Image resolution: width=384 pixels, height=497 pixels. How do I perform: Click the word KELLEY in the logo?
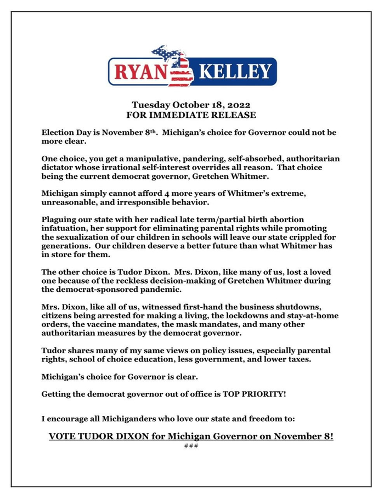tap(234, 72)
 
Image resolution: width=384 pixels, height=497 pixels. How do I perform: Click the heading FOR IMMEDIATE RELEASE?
tap(191, 115)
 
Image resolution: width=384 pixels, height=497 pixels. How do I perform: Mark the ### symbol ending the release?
tap(191, 445)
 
